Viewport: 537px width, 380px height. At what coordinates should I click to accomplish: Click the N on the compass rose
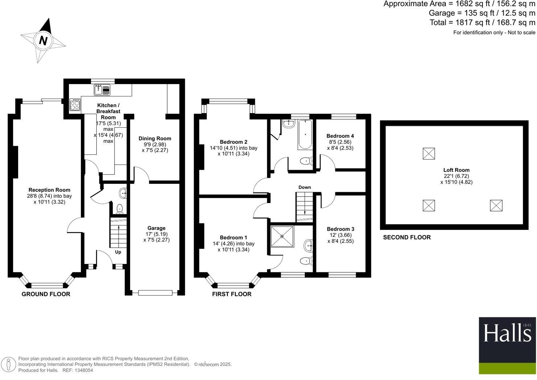43,40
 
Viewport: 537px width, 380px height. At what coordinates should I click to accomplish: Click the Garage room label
156,228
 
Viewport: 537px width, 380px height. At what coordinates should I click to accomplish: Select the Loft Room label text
456,170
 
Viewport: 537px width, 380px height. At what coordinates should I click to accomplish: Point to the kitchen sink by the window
99,89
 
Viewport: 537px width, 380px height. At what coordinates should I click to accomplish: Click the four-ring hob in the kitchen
75,105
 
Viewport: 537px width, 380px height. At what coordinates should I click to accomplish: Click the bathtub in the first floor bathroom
305,135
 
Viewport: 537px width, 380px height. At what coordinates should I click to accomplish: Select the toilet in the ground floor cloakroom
119,209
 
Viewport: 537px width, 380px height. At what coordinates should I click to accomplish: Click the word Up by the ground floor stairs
118,252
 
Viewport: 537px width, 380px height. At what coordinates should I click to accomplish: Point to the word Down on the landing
305,187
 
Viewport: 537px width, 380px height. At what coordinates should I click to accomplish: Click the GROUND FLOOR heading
46,294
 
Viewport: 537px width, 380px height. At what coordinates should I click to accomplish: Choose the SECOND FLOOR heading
407,237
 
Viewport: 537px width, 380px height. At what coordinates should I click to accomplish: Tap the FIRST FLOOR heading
232,294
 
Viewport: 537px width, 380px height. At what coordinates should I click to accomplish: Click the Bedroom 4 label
340,136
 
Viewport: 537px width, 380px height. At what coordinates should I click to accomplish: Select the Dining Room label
155,138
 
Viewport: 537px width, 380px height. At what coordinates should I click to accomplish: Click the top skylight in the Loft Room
429,153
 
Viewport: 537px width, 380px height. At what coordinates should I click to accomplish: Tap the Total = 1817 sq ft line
482,22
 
